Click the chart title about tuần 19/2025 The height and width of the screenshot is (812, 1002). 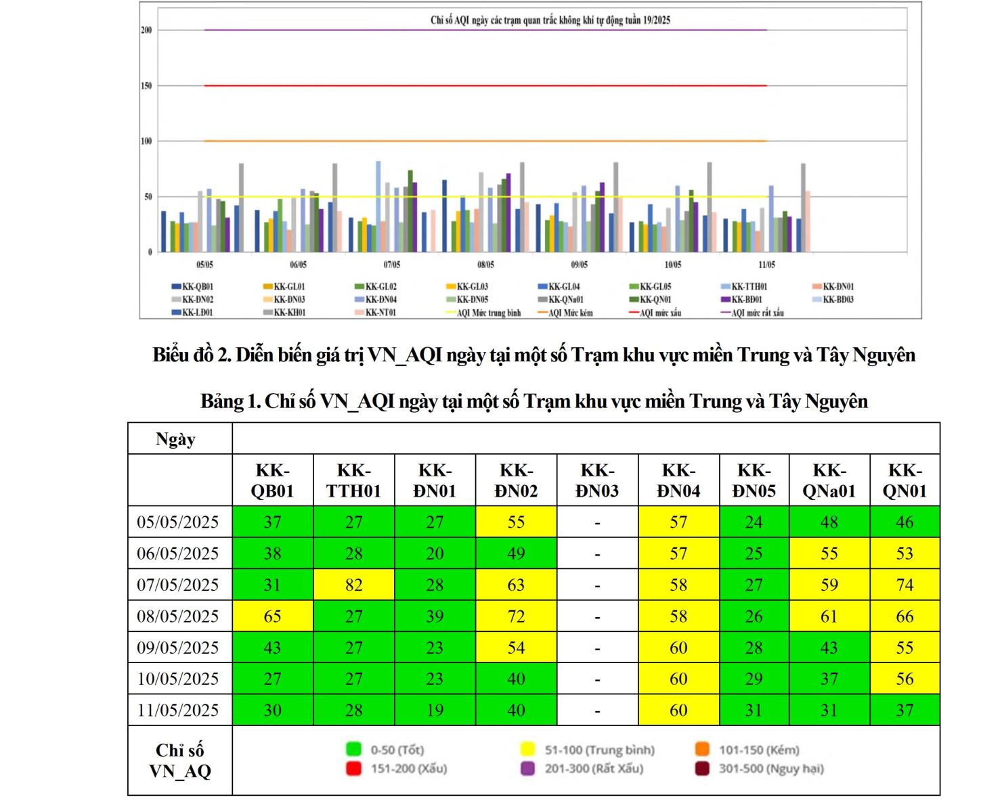click(550, 20)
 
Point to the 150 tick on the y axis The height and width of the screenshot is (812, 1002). click(146, 86)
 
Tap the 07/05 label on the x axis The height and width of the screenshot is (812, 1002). click(392, 265)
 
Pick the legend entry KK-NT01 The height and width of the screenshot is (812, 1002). click(380, 313)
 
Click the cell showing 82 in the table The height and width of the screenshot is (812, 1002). click(353, 585)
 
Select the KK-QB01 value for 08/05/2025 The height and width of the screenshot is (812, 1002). click(272, 616)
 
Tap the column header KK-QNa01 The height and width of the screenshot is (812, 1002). click(829, 480)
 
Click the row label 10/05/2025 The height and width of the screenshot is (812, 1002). click(178, 679)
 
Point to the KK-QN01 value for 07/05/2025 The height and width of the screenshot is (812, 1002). click(905, 585)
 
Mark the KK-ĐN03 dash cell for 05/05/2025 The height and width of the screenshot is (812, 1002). click(597, 522)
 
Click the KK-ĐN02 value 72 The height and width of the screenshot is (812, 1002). click(516, 616)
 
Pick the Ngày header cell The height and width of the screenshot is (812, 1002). click(175, 439)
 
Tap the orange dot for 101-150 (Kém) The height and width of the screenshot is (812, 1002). click(702, 750)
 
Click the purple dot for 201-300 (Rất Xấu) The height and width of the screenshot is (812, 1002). click(527, 769)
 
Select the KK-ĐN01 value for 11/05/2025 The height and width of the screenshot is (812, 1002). click(435, 710)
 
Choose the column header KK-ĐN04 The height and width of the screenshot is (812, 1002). click(678, 480)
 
